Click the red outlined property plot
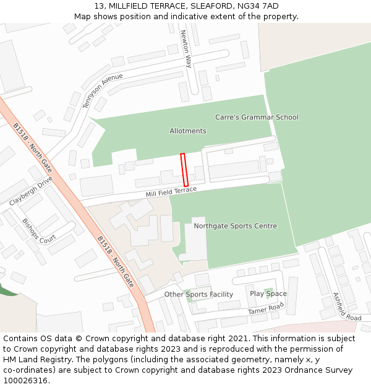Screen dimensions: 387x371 [x=184, y=170]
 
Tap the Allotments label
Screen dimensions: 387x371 [x=188, y=131]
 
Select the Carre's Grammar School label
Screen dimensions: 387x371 [x=257, y=117]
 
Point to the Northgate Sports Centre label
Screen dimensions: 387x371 [x=235, y=226]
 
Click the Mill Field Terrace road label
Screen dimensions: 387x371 [x=171, y=192]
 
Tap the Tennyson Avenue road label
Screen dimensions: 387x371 [x=103, y=90]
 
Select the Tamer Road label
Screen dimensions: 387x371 [x=266, y=308]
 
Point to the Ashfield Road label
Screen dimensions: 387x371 [x=346, y=307]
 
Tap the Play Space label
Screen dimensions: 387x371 [x=268, y=294]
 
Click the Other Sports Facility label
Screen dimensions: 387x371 [x=198, y=294]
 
